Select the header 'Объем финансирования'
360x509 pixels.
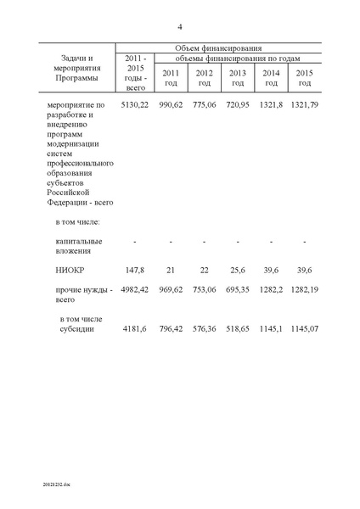point(217,48)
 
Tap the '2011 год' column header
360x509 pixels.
point(170,76)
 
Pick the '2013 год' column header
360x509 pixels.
point(238,76)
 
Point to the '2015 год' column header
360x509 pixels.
point(304,76)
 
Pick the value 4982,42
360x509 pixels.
point(135,290)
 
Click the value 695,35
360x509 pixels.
point(238,290)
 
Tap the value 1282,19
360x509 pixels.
point(304,290)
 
